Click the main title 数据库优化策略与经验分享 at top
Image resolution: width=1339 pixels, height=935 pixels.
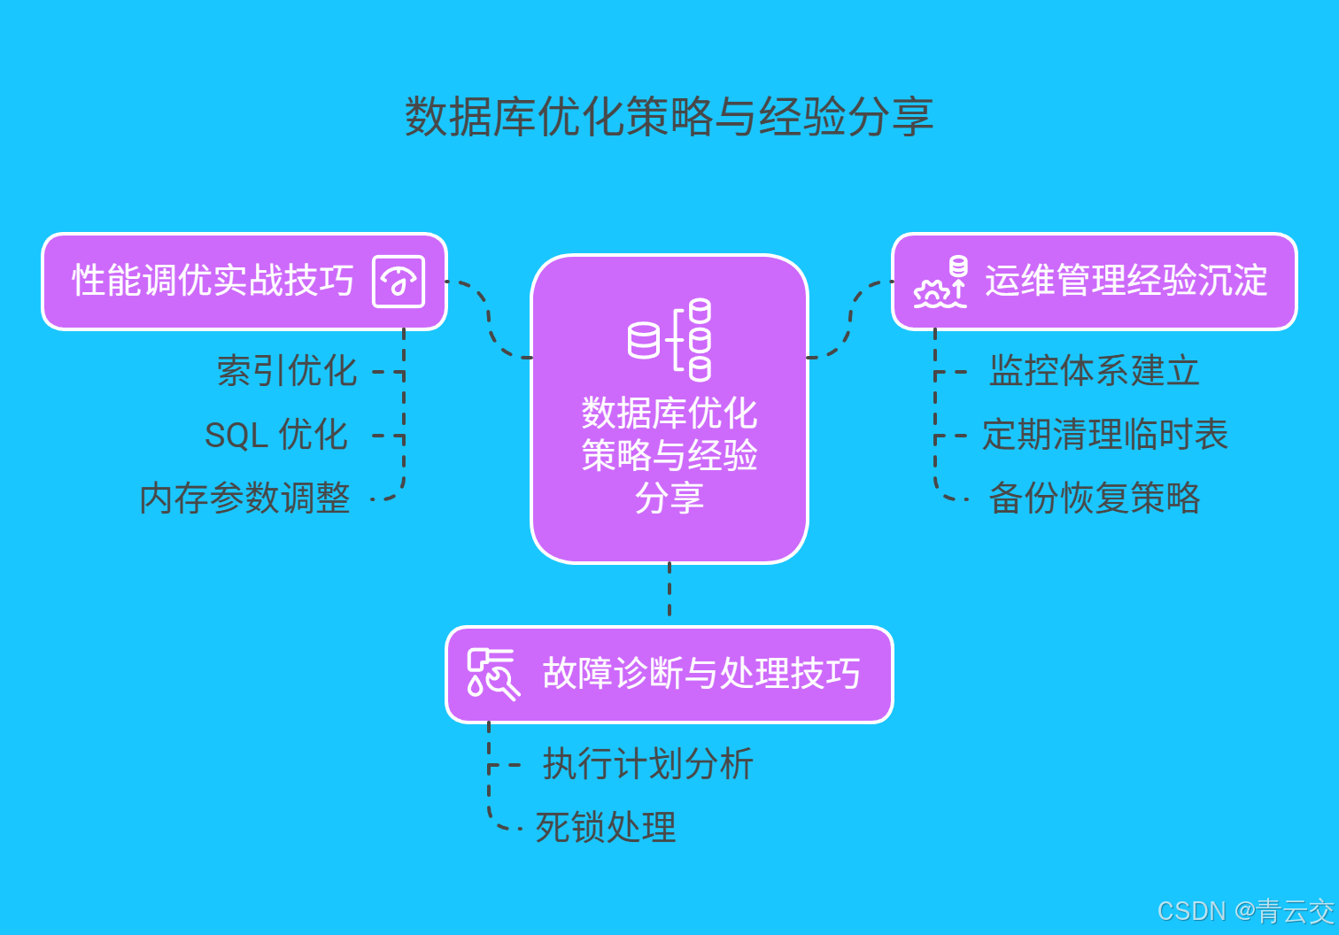tap(669, 117)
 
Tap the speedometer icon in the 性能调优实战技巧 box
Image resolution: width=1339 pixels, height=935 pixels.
tap(399, 282)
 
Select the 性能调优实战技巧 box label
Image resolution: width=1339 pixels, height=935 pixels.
tap(213, 282)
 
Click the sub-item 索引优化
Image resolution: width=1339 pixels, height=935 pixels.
tap(287, 371)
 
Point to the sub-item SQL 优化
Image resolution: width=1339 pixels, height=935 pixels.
tap(276, 435)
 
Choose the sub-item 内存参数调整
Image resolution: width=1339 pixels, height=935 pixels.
tap(245, 498)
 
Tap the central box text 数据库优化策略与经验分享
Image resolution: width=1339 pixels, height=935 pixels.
tap(669, 455)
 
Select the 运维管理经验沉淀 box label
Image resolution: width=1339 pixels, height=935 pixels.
tap(1126, 282)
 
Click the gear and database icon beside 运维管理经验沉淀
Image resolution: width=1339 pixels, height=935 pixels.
tap(940, 282)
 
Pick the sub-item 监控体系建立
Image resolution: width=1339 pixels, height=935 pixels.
tap(1094, 371)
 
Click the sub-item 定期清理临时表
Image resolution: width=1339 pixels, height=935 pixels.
tap(1105, 435)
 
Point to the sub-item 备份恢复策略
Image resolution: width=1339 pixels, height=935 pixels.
tap(1094, 498)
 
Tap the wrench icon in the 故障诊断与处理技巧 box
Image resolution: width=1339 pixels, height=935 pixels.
tap(492, 674)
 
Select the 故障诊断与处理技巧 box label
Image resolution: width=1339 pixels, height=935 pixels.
tap(701, 674)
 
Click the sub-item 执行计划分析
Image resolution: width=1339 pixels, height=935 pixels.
tap(647, 764)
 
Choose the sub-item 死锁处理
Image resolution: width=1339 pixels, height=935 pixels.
tap(606, 828)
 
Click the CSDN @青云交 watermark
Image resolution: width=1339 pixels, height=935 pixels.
tap(1245, 911)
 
